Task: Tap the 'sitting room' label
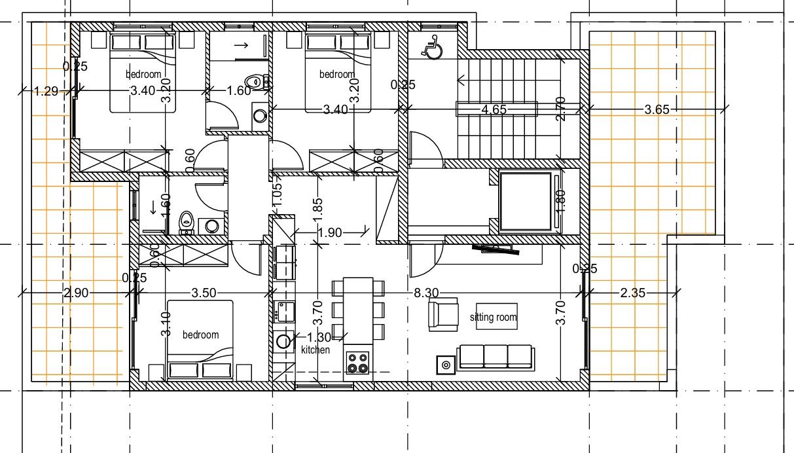tap(494, 317)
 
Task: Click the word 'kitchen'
tap(316, 350)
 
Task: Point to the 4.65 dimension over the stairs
tap(494, 110)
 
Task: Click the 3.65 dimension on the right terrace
tap(657, 110)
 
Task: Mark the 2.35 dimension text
tap(632, 293)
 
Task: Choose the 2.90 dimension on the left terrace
tap(76, 293)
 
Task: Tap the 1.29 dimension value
tap(46, 92)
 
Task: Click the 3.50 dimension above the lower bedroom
tap(204, 293)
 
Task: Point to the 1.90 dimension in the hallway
tap(330, 232)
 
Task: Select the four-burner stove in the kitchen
tap(357, 363)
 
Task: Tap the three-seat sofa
tap(496, 357)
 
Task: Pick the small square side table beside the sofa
tap(446, 364)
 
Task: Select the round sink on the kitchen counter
tap(283, 341)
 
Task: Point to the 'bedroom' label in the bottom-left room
tap(200, 335)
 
